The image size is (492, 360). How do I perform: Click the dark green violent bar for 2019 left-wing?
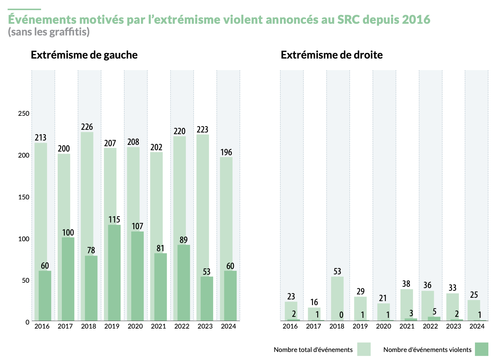(x=114, y=273)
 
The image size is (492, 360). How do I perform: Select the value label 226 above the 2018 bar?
(x=87, y=127)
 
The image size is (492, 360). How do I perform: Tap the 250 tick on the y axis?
(x=24, y=113)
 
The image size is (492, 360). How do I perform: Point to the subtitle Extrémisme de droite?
(x=332, y=55)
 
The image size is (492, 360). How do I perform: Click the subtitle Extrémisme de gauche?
(x=84, y=55)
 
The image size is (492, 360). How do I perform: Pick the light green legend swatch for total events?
(x=364, y=349)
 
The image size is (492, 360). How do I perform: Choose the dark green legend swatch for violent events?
(x=481, y=349)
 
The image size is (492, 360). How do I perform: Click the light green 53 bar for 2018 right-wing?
(x=337, y=298)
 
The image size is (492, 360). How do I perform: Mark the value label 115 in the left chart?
(x=114, y=219)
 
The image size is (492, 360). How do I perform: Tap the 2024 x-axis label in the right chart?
(x=477, y=326)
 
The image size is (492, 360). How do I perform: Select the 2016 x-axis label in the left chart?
(x=42, y=326)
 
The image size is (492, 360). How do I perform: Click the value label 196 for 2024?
(x=226, y=153)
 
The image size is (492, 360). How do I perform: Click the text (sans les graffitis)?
(x=49, y=32)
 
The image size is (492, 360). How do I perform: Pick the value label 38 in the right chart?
(x=406, y=284)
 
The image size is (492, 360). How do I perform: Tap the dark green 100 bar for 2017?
(x=68, y=279)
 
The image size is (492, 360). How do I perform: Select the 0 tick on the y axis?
(x=27, y=322)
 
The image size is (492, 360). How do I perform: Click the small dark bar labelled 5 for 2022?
(x=434, y=319)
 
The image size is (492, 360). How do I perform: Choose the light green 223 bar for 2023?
(x=203, y=201)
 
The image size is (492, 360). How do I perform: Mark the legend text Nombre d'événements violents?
(x=427, y=350)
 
